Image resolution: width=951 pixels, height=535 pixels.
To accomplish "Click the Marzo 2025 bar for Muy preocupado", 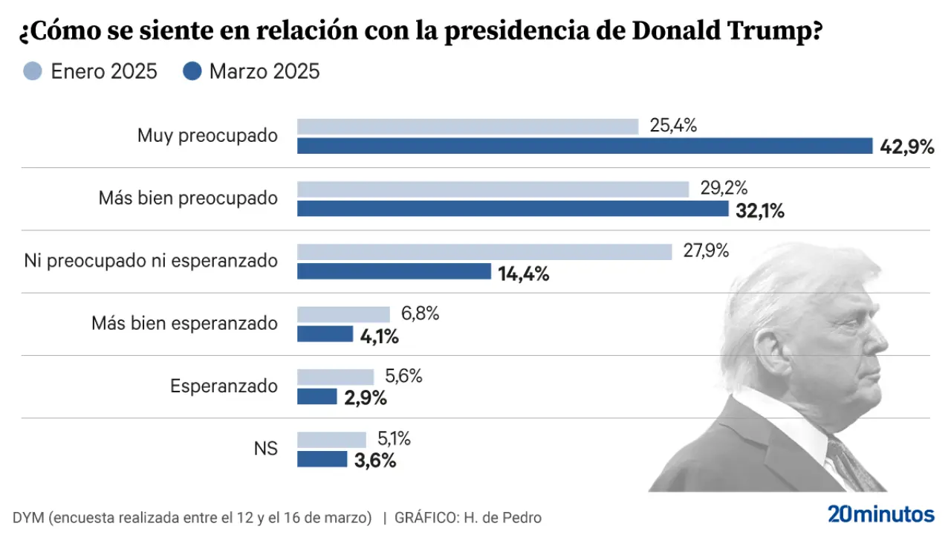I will (x=585, y=146).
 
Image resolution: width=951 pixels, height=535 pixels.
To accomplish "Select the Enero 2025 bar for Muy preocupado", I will (x=467, y=126).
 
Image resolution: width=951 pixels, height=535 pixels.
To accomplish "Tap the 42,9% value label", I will (x=906, y=147).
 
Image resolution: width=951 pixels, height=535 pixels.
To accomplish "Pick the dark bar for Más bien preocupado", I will (x=513, y=209).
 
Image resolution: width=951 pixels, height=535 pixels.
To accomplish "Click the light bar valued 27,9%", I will (x=484, y=252).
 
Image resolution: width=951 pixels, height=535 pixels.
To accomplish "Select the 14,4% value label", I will (x=524, y=274).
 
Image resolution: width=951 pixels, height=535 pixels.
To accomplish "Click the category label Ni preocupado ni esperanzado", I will (x=151, y=261).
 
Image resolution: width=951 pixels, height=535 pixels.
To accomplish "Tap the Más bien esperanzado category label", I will (x=184, y=323).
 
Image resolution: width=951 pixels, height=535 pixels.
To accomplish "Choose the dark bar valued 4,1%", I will (x=325, y=334).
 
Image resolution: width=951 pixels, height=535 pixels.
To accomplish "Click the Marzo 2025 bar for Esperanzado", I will (x=317, y=397).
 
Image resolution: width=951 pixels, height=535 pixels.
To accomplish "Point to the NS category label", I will (x=265, y=449).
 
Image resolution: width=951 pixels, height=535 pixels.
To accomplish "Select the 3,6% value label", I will (x=374, y=461).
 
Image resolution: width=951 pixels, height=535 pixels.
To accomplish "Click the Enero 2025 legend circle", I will (x=33, y=71).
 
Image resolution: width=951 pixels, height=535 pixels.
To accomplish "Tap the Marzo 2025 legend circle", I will (x=192, y=71).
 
